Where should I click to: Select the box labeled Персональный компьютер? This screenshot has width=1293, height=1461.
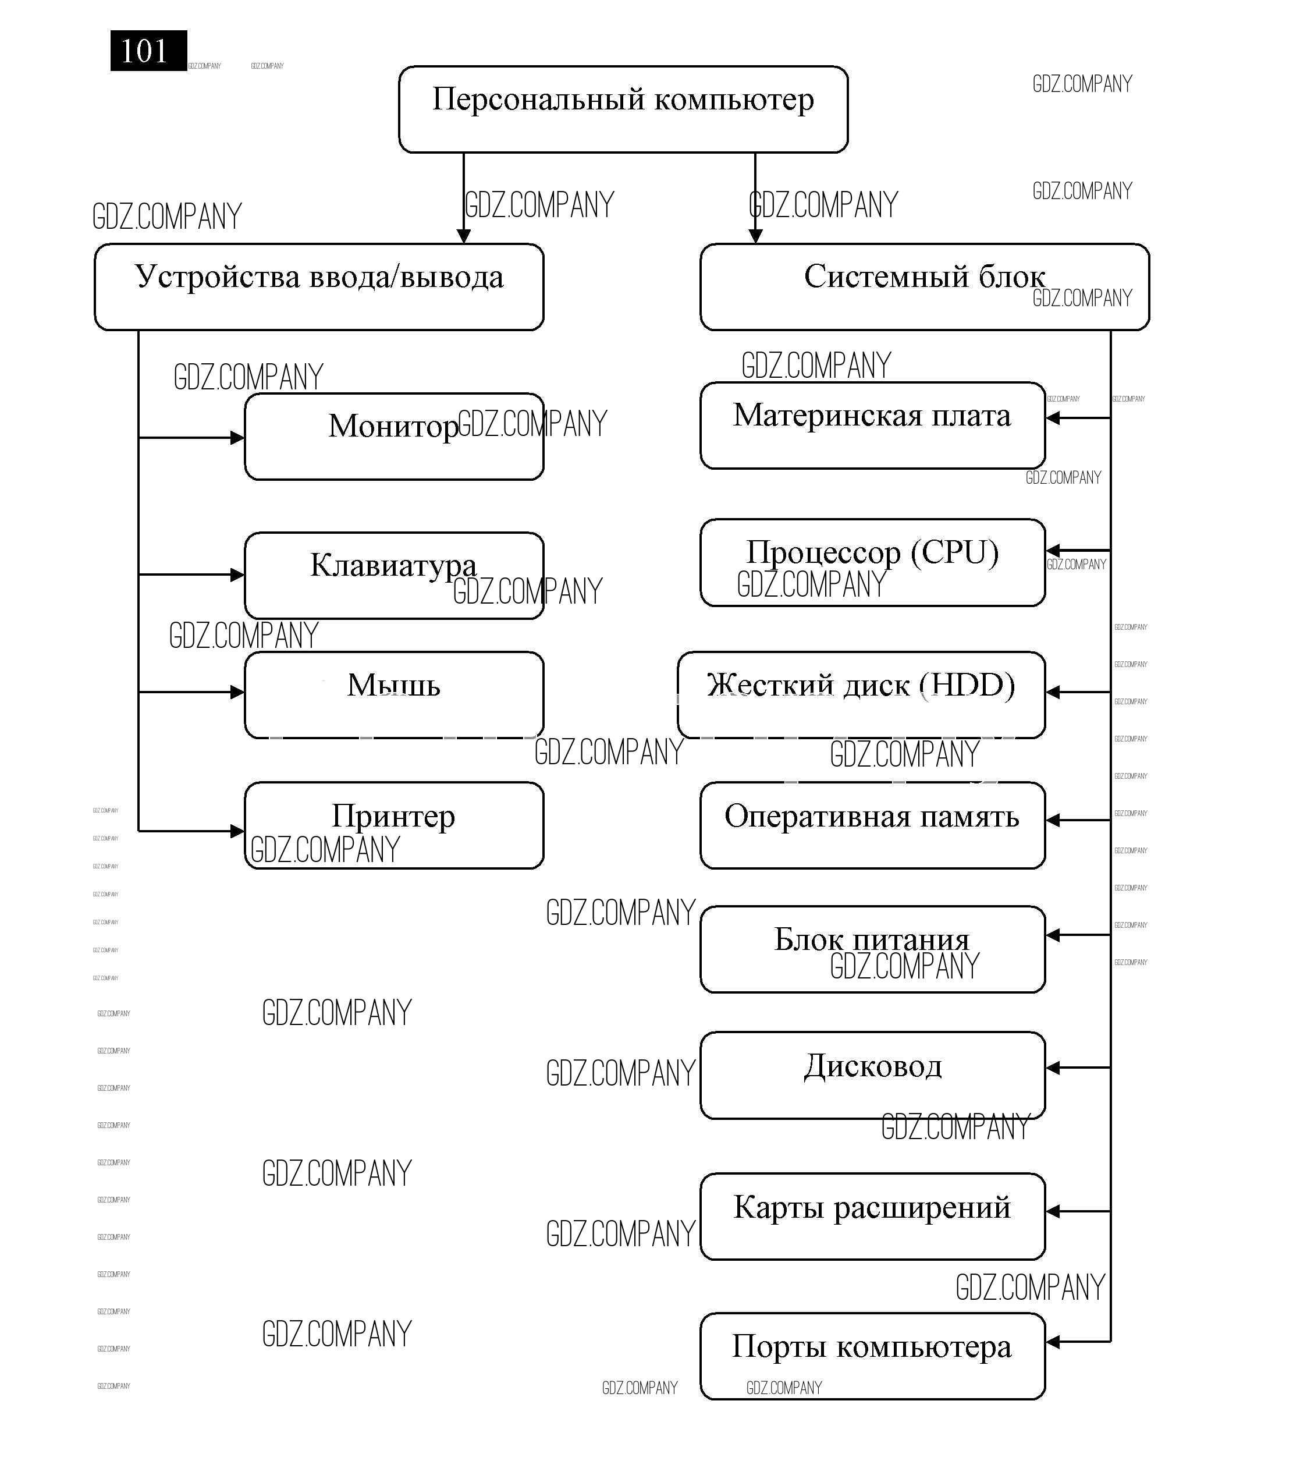(x=623, y=109)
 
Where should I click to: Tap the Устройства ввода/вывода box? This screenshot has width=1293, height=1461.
(x=319, y=286)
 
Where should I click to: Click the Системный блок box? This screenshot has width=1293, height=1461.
(x=923, y=286)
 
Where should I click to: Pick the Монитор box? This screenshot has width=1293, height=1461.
(x=394, y=436)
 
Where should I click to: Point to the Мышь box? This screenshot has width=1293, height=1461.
(x=394, y=694)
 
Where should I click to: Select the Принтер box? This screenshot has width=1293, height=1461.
(x=394, y=825)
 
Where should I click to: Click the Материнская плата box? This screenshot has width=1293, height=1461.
(x=872, y=425)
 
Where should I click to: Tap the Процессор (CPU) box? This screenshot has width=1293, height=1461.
(x=872, y=562)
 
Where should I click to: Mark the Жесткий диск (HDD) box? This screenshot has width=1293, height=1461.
(x=861, y=694)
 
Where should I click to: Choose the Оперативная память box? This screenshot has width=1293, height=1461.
(x=872, y=825)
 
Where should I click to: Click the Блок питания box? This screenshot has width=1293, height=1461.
(x=872, y=949)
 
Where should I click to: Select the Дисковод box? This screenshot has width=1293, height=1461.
(x=872, y=1075)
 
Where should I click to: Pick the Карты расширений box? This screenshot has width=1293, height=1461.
(x=872, y=1216)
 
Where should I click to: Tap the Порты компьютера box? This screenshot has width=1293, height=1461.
(x=872, y=1356)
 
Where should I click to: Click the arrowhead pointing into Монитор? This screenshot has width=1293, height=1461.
(x=238, y=438)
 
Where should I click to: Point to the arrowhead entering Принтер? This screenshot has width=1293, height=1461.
(x=238, y=831)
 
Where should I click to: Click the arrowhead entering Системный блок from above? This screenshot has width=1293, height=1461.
(x=755, y=236)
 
